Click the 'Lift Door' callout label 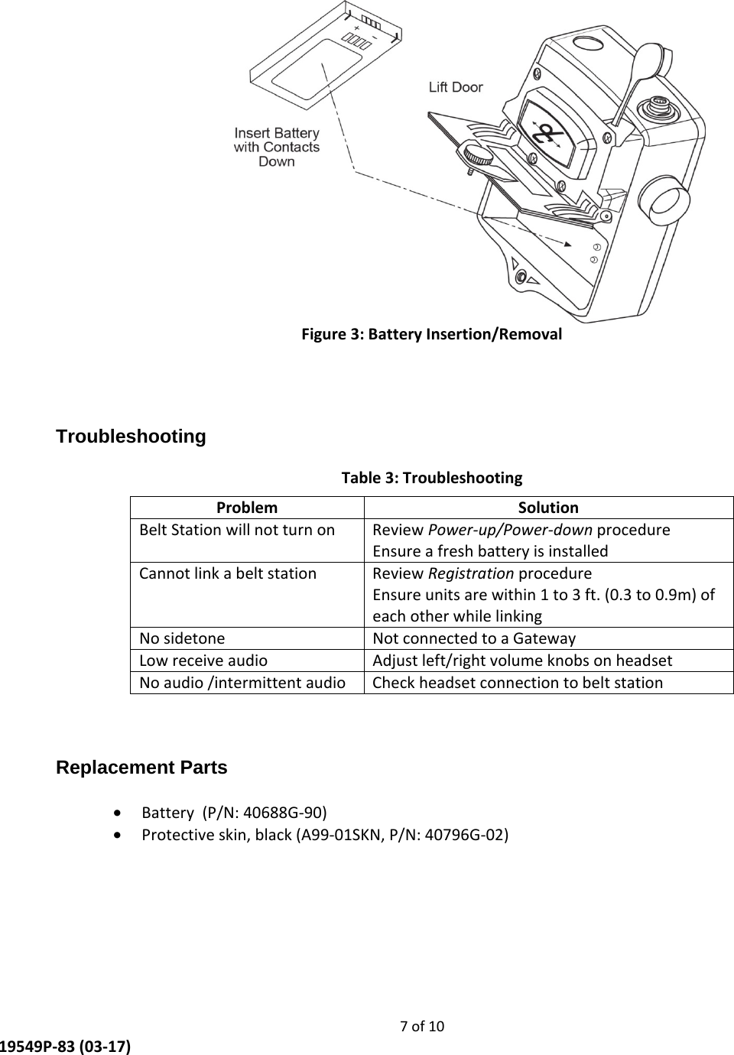[456, 87]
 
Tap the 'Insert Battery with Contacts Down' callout [277, 147]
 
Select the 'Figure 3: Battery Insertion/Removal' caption [431, 334]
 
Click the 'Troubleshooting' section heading [132, 437]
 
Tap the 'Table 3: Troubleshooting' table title [431, 478]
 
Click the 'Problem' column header [247, 508]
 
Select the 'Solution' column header [548, 508]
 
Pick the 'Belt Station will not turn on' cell [237, 530]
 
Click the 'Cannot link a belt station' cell [228, 573]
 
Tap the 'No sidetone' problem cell [183, 638]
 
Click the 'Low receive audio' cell [203, 661]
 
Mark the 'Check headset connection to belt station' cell [518, 683]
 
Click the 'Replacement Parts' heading [142, 768]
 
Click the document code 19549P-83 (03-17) [65, 1045]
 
